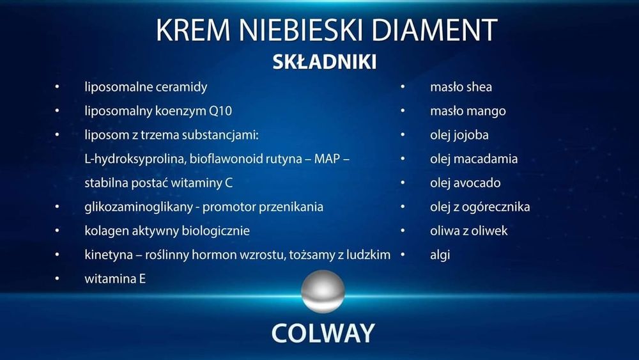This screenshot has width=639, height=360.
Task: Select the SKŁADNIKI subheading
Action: coord(324,62)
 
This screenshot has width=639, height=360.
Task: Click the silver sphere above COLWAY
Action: coord(323,292)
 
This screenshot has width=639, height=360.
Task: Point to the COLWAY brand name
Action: coord(323,333)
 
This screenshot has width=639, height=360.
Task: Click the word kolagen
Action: coord(105,230)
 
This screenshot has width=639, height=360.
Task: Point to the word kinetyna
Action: coord(108,254)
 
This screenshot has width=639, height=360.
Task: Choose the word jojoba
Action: coord(475,134)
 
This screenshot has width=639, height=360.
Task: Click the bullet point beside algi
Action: coord(404,254)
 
